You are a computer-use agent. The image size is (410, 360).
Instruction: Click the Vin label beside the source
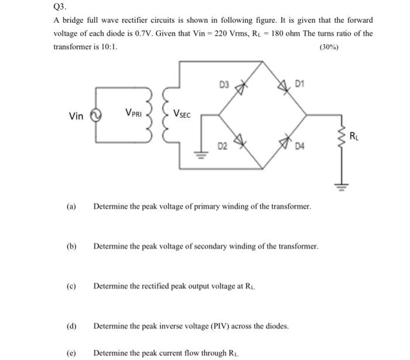[76, 116]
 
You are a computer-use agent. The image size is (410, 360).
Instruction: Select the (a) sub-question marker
[71, 207]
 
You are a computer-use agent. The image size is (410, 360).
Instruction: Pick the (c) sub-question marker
[71, 286]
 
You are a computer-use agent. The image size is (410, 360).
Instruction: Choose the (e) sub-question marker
[71, 353]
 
